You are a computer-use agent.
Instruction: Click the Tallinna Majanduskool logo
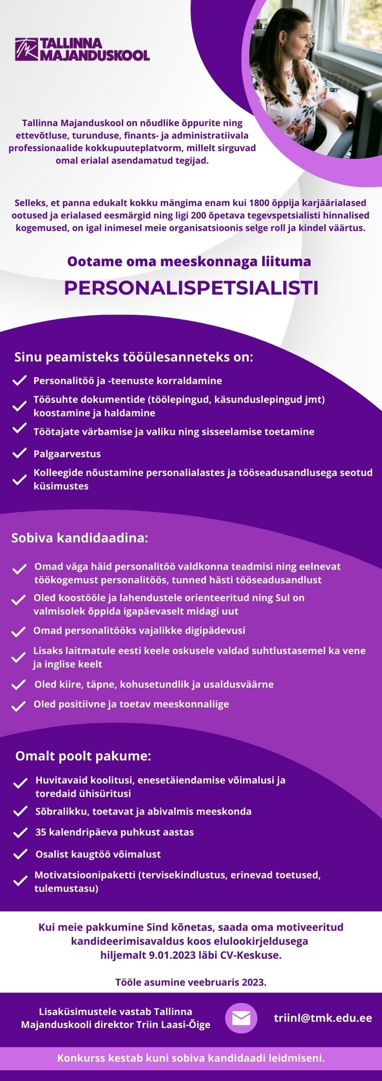pyautogui.click(x=82, y=49)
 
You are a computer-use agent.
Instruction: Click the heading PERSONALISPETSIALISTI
pyautogui.click(x=191, y=288)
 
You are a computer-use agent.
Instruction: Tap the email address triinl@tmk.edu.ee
pyautogui.click(x=323, y=1017)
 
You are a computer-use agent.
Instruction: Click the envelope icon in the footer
pyautogui.click(x=241, y=1018)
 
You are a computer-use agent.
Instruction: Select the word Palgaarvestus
pyautogui.click(x=67, y=454)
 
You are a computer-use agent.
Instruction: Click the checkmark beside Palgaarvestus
pyautogui.click(x=19, y=454)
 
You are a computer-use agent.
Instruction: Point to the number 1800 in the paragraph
pyautogui.click(x=259, y=203)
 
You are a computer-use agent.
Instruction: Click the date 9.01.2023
pyautogui.click(x=171, y=955)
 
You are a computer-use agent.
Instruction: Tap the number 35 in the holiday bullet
pyautogui.click(x=41, y=832)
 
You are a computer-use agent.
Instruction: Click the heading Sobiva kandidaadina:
pyautogui.click(x=79, y=538)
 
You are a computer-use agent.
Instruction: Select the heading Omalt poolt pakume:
pyautogui.click(x=83, y=756)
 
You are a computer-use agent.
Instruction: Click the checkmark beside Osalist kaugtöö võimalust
pyautogui.click(x=20, y=854)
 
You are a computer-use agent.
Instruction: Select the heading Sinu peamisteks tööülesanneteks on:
pyautogui.click(x=133, y=357)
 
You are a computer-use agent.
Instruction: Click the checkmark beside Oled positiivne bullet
pyautogui.click(x=19, y=706)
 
